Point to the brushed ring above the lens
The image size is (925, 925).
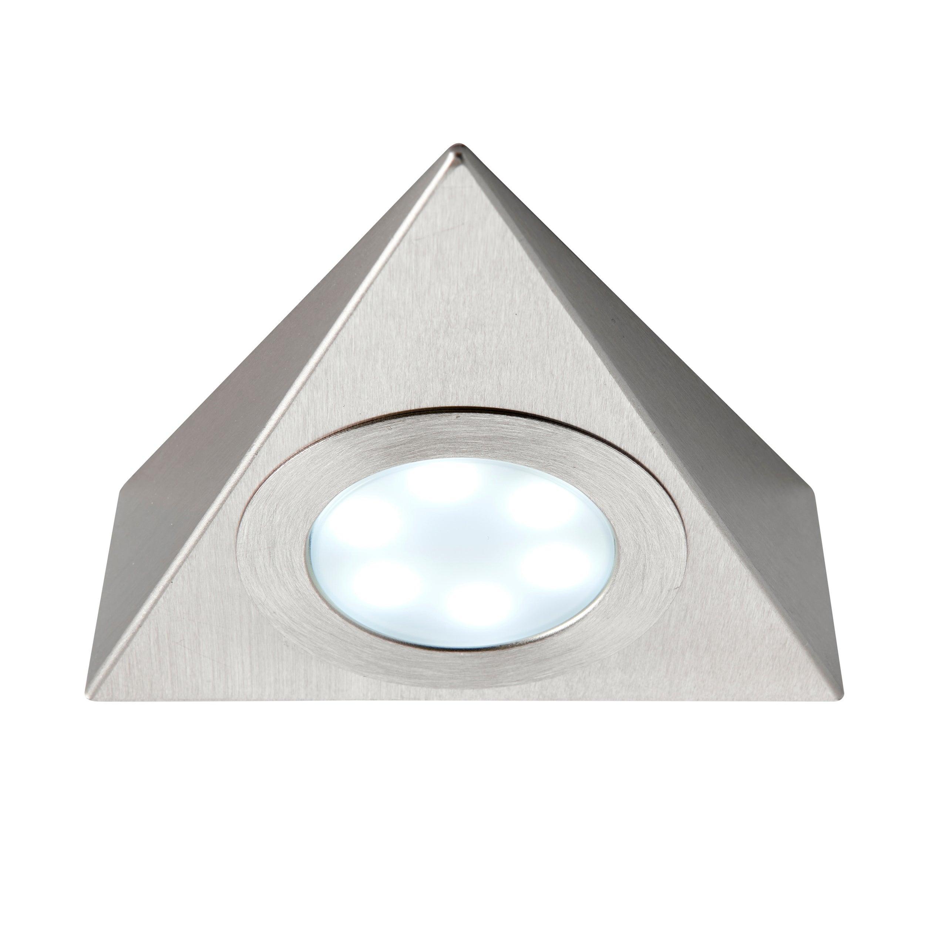460,431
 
